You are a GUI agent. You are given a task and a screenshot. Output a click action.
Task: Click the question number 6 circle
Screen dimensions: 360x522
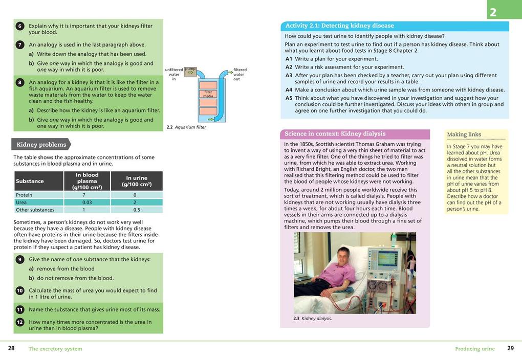point(19,26)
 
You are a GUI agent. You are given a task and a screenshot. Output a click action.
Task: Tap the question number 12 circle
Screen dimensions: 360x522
point(19,322)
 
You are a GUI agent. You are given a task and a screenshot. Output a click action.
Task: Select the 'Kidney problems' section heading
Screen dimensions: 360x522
point(41,145)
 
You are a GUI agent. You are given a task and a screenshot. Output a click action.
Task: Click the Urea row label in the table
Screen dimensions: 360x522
point(21,202)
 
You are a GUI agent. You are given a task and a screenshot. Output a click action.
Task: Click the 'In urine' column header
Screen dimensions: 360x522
point(137,181)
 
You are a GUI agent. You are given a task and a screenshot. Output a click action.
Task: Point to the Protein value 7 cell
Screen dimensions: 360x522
point(84,195)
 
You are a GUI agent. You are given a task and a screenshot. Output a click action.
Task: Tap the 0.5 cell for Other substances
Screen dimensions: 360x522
point(137,210)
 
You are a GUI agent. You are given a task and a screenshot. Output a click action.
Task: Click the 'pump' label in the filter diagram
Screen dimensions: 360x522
point(190,69)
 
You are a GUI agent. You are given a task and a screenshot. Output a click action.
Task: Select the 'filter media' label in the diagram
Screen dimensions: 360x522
point(208,94)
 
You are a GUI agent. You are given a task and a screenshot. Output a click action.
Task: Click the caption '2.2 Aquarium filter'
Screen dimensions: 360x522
point(186,127)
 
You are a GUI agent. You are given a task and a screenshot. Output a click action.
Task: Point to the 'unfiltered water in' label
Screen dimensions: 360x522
point(174,74)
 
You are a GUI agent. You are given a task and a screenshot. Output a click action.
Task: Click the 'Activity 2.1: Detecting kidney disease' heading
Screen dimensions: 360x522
point(339,26)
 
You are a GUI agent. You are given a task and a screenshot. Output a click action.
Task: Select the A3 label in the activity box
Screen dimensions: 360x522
point(289,75)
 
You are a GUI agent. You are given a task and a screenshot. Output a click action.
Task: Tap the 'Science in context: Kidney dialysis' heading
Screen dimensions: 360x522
point(335,134)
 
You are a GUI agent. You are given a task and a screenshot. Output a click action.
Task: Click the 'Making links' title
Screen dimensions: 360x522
point(464,134)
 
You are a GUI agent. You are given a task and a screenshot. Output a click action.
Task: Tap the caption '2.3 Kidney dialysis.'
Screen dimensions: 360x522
point(312,319)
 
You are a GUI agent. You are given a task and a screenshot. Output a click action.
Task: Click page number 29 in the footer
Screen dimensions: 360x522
point(510,348)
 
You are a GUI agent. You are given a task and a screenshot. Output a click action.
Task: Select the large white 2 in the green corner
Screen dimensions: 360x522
point(493,12)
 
